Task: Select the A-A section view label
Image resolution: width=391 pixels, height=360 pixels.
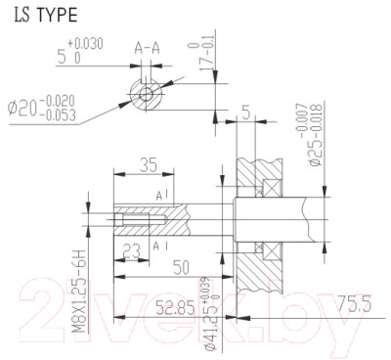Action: [148, 46]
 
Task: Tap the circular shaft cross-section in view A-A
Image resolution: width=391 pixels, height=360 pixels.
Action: [147, 94]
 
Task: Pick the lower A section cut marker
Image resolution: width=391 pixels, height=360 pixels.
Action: [159, 247]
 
